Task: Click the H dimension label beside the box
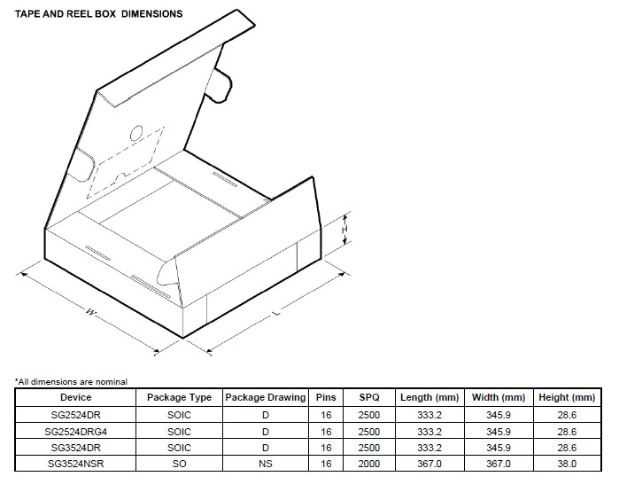344,230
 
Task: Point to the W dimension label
91,312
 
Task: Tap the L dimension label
277,313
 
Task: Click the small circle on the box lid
136,133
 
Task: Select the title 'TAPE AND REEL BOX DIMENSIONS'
98,14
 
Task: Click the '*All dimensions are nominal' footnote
71,382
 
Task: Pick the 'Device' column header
75,397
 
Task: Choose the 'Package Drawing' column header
266,397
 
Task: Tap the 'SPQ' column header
369,397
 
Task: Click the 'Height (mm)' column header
567,397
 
